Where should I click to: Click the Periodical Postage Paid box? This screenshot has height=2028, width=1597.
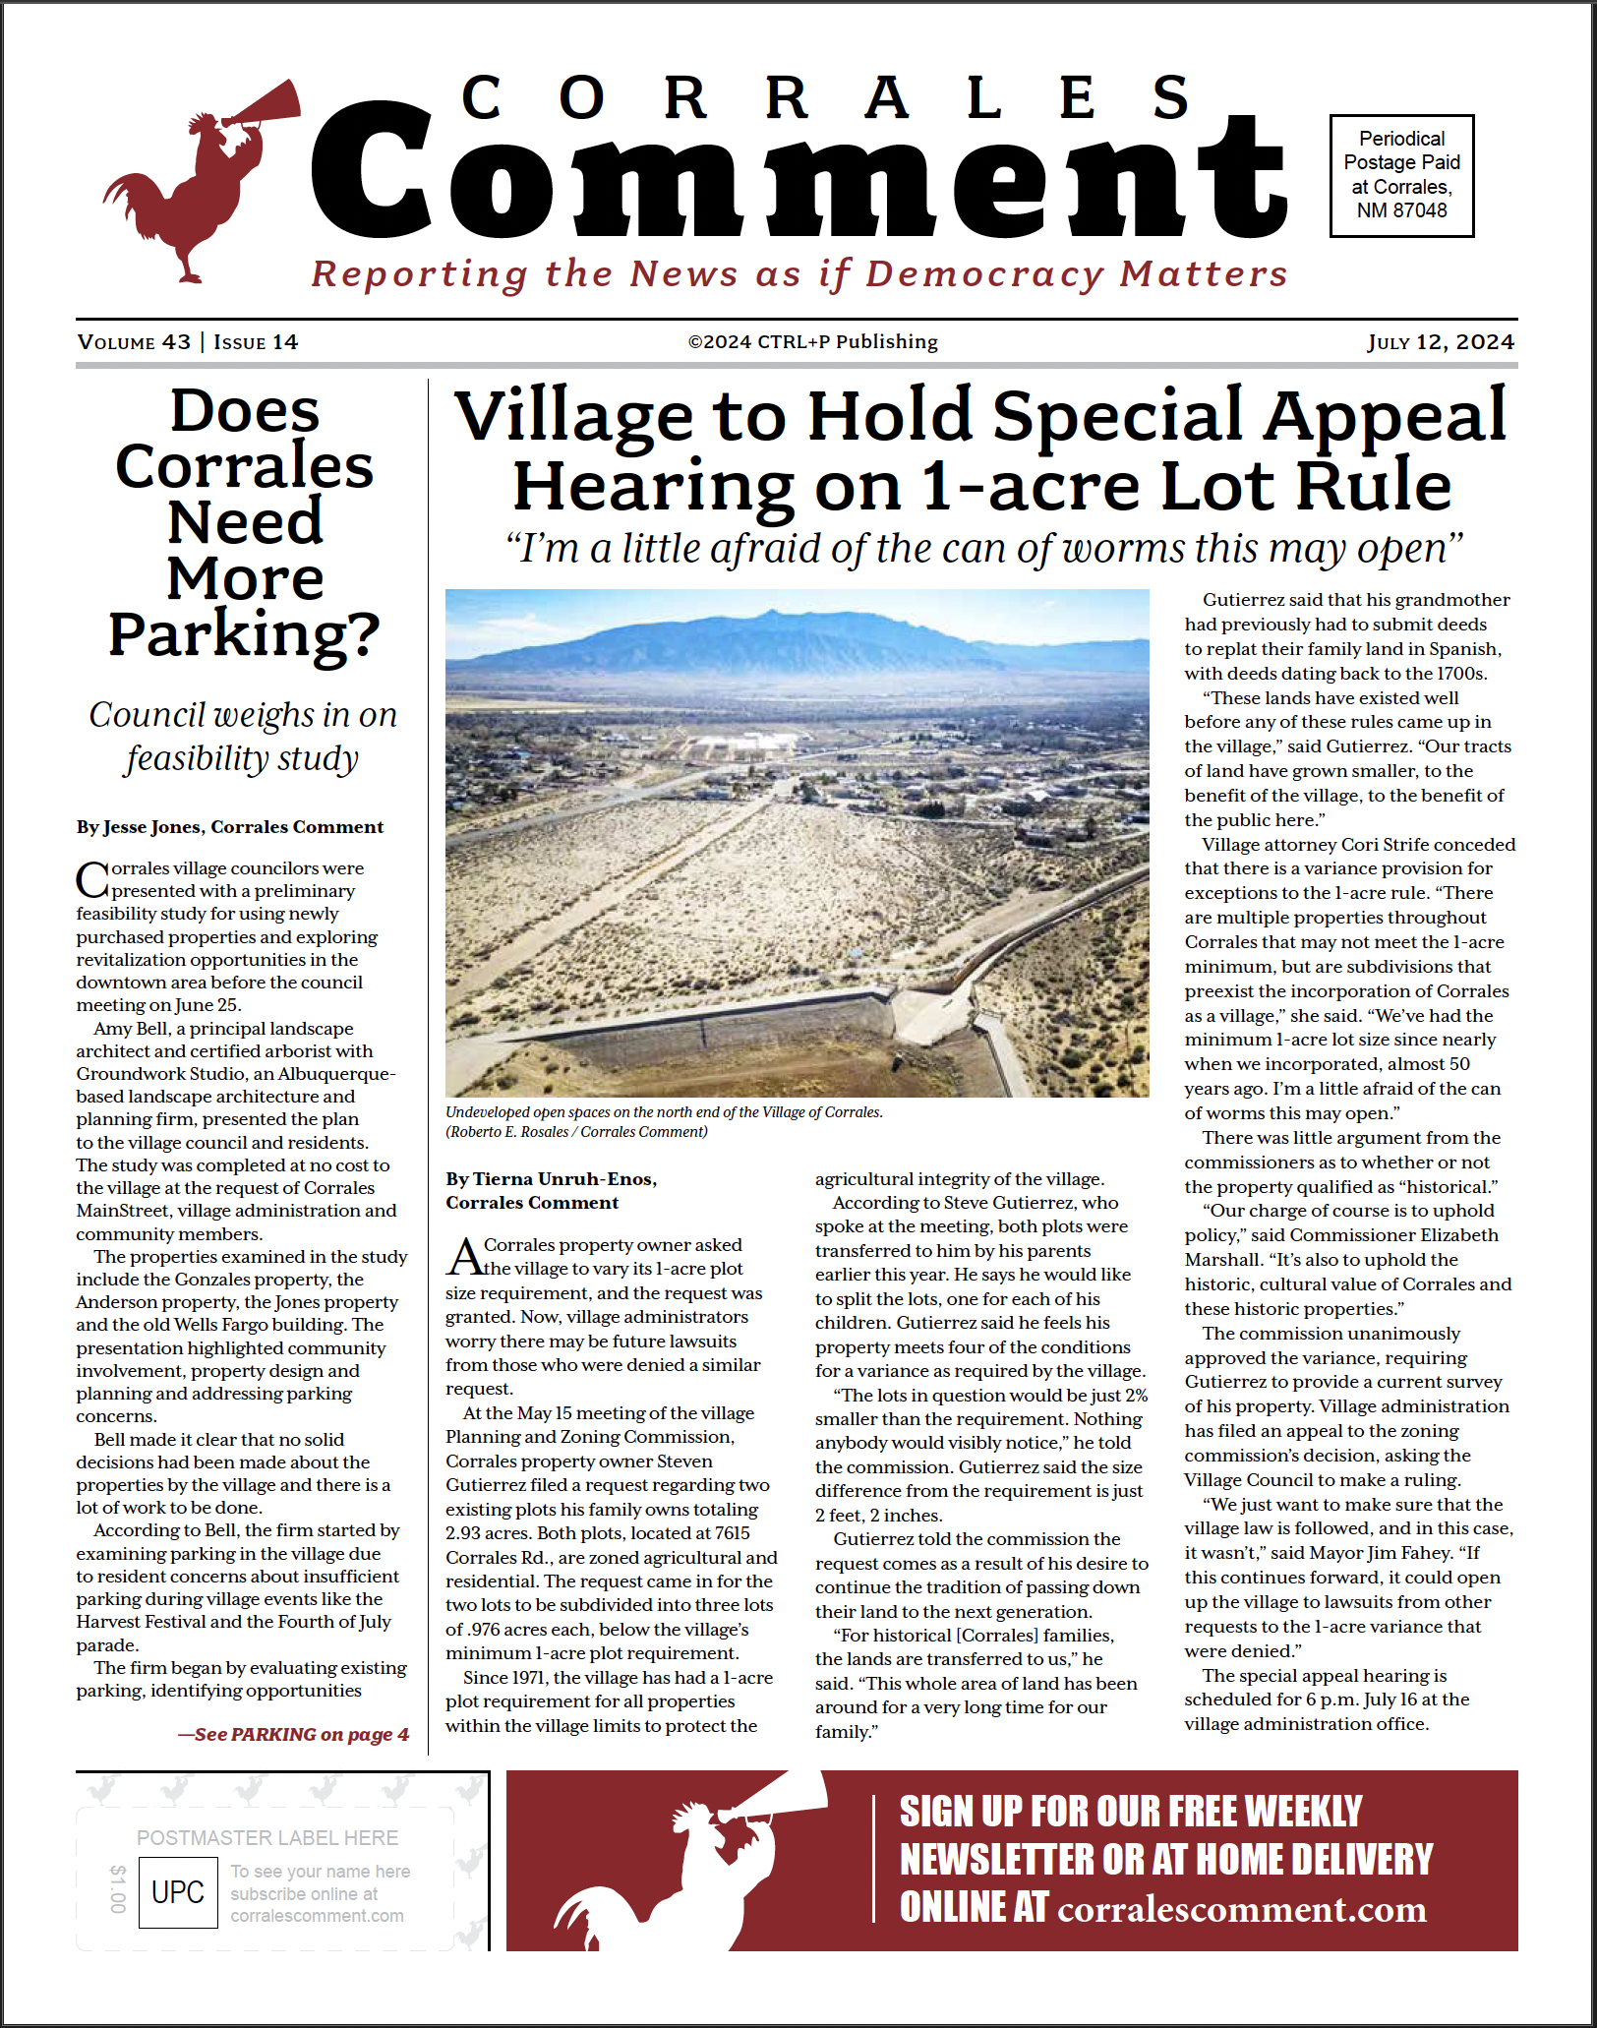coord(1401,175)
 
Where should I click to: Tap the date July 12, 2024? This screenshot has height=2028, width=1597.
coord(1440,342)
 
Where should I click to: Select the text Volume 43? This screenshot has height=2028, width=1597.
coord(134,342)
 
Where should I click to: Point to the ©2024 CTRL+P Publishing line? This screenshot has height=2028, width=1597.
coord(812,342)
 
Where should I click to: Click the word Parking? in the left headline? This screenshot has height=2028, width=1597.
coord(244,634)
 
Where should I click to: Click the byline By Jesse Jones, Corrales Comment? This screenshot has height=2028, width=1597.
coord(230,827)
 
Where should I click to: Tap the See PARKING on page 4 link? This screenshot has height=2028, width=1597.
coord(293,1734)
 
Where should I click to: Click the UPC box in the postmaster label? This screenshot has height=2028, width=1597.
coord(178,1892)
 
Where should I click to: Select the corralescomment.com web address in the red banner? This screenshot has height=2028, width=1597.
coord(1241,1909)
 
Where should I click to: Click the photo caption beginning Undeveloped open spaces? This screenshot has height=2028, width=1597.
coord(664,1112)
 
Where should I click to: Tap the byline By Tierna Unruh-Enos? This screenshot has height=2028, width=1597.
coord(551,1179)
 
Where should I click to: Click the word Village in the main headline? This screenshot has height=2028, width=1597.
coord(573,416)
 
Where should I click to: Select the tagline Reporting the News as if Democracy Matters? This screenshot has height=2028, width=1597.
coord(798,274)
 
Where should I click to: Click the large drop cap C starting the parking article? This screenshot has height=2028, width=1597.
coord(92,879)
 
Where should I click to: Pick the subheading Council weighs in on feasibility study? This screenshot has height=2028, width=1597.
coord(243,736)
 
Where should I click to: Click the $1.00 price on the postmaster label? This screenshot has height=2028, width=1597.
coord(118,1888)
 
